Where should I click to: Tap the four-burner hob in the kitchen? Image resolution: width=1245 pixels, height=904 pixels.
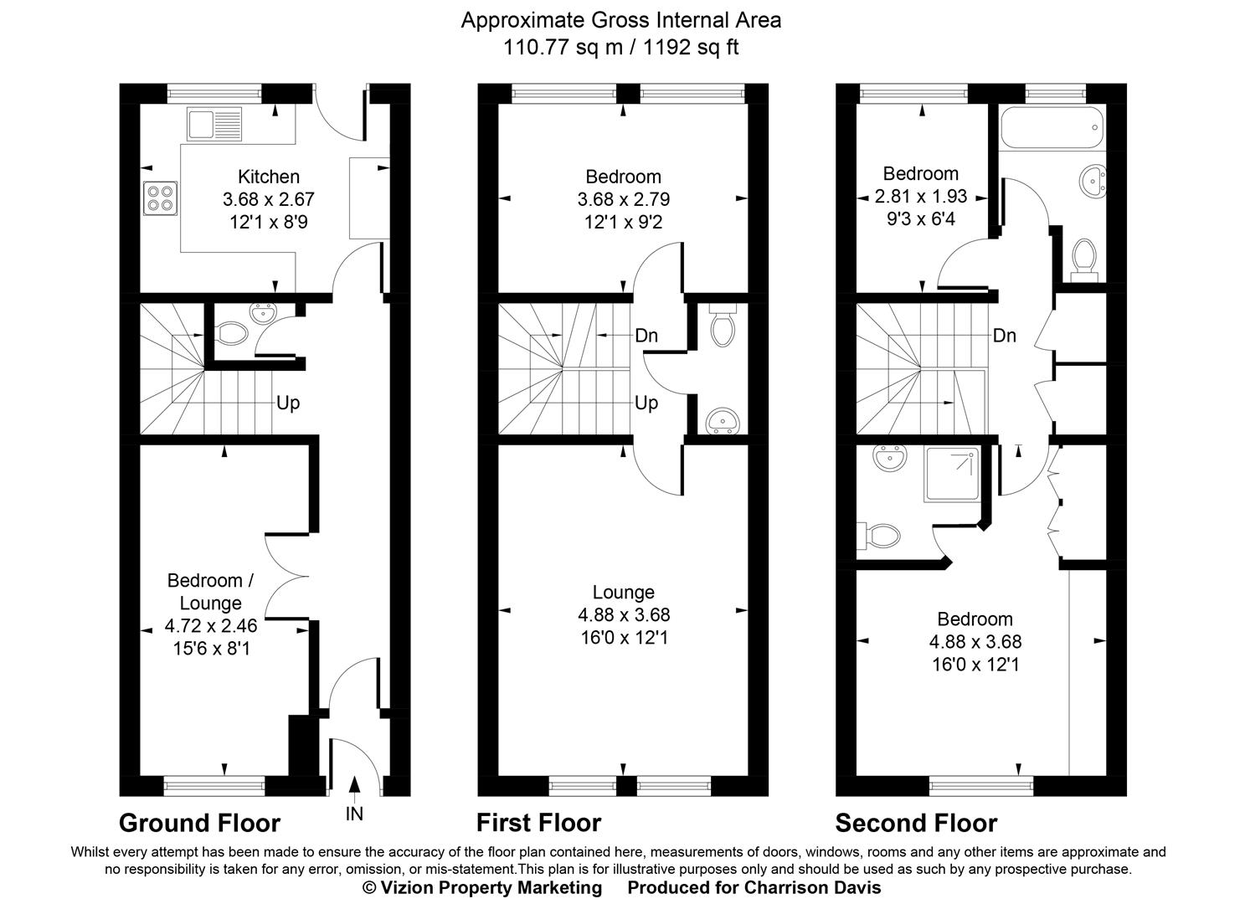159,198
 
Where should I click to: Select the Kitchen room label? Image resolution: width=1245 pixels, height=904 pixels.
269,177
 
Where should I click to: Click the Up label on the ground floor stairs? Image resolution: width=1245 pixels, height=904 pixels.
288,403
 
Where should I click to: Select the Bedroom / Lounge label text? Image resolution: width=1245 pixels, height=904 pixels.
210,591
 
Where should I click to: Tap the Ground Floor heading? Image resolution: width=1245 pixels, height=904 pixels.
199,823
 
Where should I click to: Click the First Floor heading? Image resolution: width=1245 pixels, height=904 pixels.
538,823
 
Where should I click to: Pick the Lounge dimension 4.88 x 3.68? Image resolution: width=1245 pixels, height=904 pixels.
624,615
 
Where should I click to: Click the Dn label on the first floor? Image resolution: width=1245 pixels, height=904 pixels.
646,336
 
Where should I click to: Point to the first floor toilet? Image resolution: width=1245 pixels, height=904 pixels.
722,326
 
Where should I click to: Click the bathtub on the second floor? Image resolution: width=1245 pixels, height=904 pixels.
1052,128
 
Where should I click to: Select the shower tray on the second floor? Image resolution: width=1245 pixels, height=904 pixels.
951,474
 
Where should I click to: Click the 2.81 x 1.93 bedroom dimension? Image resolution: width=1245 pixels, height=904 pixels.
920,197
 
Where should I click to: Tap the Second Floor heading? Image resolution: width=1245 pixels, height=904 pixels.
916,823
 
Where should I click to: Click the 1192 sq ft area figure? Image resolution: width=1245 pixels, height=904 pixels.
691,47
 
